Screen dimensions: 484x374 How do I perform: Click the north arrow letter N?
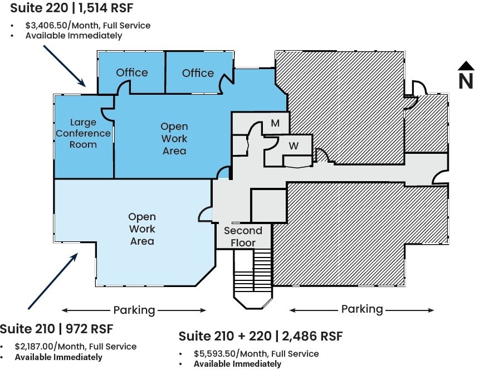coord(466,81)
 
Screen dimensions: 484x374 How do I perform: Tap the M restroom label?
coord(275,123)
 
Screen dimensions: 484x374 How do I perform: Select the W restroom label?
coord(294,146)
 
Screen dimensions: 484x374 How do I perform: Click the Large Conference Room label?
coord(83,133)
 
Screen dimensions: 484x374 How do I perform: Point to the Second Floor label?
coord(243,236)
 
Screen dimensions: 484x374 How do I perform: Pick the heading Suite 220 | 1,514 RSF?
coord(72,8)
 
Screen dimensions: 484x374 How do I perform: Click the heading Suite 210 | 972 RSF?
coord(56,329)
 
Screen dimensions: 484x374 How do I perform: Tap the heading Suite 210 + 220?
coord(225,336)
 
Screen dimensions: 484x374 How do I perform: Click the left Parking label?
coord(134,310)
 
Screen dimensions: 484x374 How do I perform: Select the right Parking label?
coord(362,309)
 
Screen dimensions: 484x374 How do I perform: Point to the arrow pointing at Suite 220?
coord(64,66)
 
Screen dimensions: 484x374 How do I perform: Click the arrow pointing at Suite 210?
coord(53,281)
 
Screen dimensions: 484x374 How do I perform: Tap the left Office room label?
coord(132,72)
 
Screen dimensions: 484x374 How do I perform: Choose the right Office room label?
coord(198,73)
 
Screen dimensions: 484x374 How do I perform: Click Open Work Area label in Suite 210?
coord(142,229)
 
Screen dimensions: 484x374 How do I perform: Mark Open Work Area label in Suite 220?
coord(174,139)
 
